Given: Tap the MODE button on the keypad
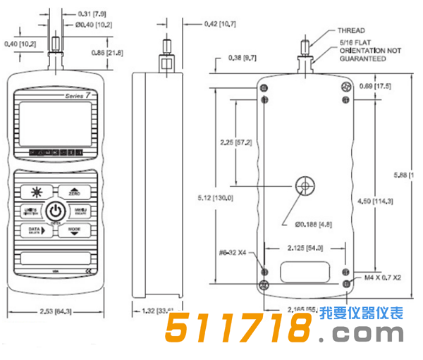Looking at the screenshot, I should [x=74, y=230].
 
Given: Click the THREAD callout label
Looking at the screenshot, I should [x=351, y=31].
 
